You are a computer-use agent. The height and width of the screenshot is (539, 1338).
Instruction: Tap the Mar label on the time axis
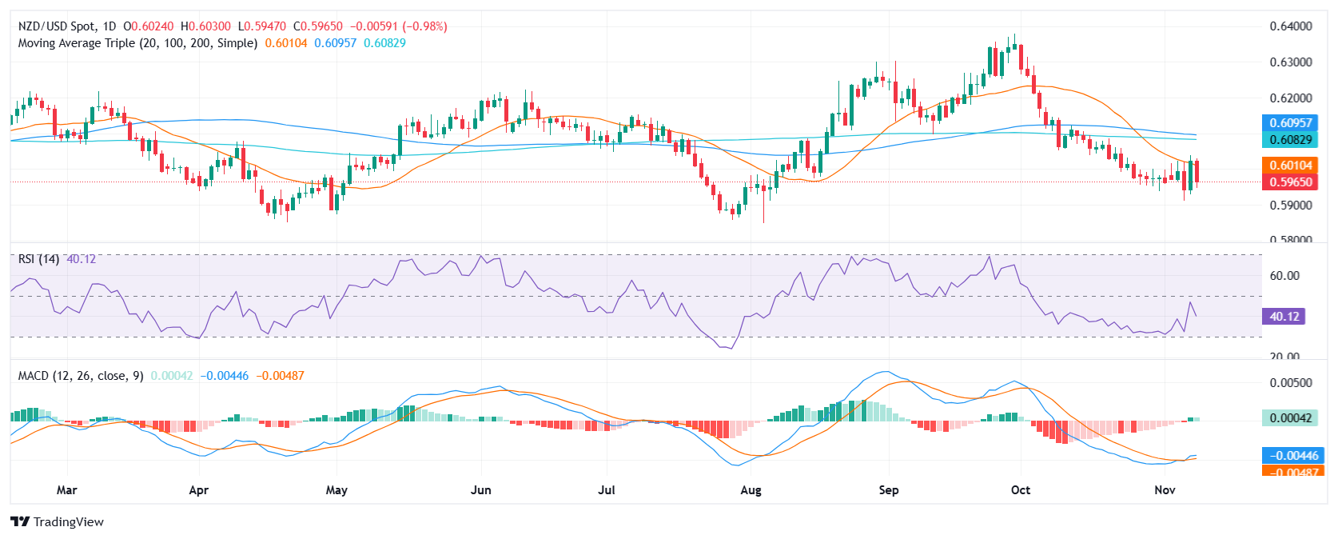(67, 489)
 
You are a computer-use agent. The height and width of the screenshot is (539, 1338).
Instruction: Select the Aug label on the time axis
(751, 489)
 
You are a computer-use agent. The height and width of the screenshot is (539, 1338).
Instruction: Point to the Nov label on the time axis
(1165, 489)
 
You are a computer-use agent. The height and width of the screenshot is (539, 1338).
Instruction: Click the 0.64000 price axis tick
(1290, 26)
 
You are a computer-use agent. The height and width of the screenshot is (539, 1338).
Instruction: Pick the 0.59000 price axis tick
(1290, 205)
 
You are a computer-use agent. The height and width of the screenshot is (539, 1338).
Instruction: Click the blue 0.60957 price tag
(1291, 123)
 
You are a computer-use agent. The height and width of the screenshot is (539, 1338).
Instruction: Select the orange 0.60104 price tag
(1291, 166)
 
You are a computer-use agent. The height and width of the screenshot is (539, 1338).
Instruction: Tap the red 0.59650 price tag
(1291, 182)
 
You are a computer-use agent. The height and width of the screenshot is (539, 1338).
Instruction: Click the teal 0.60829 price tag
(1291, 140)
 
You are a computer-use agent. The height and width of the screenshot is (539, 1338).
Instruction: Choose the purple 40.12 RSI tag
(1284, 317)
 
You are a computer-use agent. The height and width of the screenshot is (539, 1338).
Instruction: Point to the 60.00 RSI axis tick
(1284, 276)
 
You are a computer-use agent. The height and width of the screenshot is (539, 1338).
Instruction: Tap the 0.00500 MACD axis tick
(1290, 383)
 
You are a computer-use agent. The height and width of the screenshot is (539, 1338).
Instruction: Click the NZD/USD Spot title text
(58, 26)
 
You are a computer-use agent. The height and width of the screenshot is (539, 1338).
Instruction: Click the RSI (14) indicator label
(38, 259)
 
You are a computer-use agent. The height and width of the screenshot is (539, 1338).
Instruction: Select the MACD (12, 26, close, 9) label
(81, 376)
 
